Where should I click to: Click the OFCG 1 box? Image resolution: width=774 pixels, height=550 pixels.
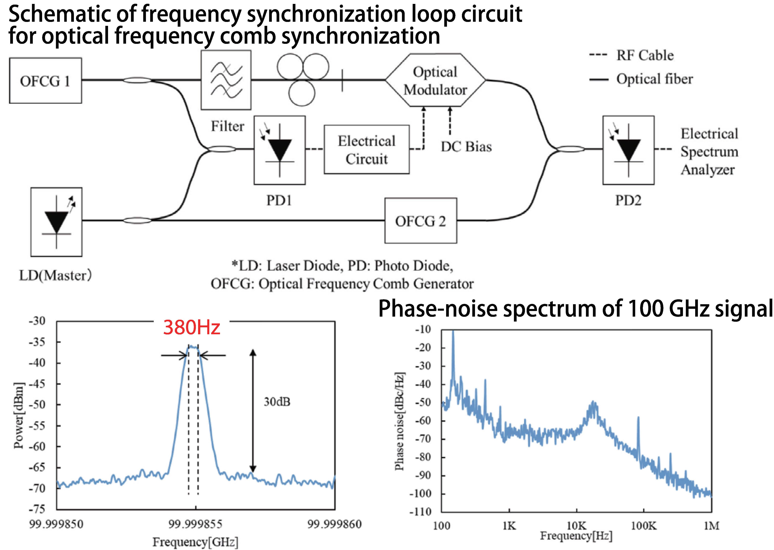click(45, 81)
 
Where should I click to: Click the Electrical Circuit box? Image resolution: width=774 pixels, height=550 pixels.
click(366, 150)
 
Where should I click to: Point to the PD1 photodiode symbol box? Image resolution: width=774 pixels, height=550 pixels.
click(279, 150)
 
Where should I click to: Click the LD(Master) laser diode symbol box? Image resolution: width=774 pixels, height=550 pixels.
click(56, 222)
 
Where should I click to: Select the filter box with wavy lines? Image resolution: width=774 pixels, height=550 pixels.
click(226, 80)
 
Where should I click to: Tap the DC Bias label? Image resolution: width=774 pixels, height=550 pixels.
click(466, 147)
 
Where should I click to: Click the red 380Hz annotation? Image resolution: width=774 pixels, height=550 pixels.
click(192, 327)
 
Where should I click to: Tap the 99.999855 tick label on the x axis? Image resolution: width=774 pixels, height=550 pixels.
click(195, 524)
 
